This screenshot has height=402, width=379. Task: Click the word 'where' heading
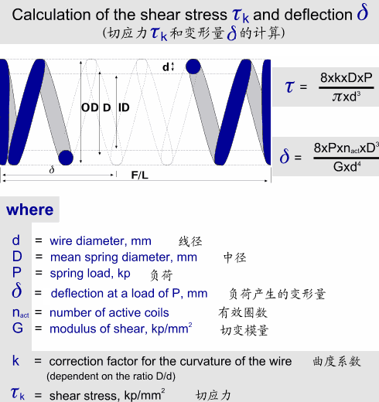(x=30, y=210)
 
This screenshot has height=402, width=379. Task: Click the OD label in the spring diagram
(x=90, y=107)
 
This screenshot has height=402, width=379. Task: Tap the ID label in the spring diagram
(x=124, y=107)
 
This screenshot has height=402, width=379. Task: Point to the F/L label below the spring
(x=140, y=175)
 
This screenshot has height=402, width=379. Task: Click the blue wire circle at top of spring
(x=193, y=66)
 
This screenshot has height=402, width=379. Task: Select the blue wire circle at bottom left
(x=66, y=158)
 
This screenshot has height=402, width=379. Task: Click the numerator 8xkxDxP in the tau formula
(x=347, y=77)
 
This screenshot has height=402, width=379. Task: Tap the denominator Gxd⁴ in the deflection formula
(x=347, y=167)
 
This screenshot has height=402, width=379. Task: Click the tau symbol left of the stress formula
(x=289, y=87)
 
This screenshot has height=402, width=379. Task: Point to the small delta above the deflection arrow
(x=52, y=170)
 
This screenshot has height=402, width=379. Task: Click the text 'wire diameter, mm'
(x=101, y=241)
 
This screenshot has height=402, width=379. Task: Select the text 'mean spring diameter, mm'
(x=124, y=257)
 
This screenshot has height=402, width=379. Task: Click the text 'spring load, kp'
(x=90, y=274)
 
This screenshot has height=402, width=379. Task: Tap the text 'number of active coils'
(x=109, y=313)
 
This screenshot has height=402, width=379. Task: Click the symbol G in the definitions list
(x=18, y=329)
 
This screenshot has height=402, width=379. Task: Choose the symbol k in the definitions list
(x=15, y=360)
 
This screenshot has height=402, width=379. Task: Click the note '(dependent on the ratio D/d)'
(x=111, y=376)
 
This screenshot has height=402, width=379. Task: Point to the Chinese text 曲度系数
(x=336, y=362)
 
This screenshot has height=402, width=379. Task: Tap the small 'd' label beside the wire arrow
(x=166, y=67)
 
